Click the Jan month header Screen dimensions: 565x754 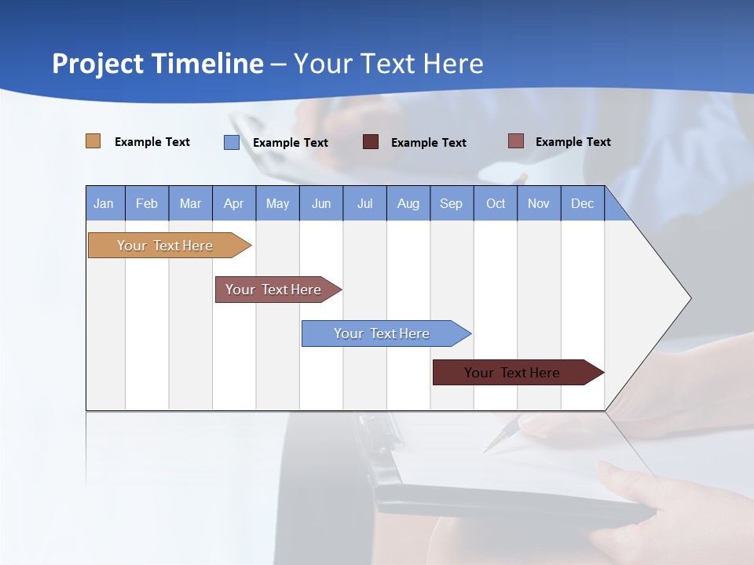(104, 203)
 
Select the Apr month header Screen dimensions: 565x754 (234, 203)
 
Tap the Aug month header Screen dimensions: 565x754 (408, 203)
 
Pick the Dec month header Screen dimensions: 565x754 (583, 203)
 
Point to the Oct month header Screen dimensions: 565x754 (496, 203)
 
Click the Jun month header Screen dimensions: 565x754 (321, 203)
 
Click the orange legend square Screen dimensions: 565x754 (93, 141)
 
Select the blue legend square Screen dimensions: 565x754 (232, 142)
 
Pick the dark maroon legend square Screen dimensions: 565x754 (371, 142)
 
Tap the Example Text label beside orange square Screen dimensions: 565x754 (152, 142)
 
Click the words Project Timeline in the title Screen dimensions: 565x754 (158, 64)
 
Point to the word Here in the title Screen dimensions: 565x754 (453, 64)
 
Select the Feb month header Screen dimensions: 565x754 (147, 203)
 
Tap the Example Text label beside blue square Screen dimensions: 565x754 (291, 143)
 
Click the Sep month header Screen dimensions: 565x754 (452, 203)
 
